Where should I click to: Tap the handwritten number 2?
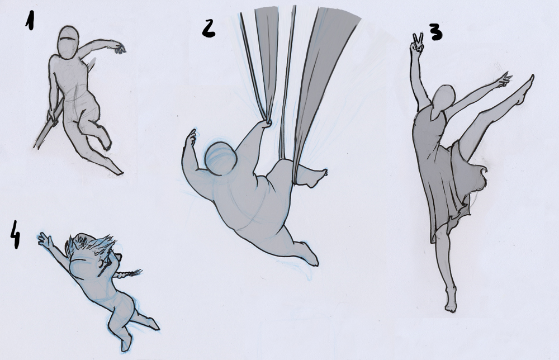(208, 28)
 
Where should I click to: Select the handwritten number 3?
(435, 32)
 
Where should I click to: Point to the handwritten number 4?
(15, 234)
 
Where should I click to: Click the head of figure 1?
(68, 42)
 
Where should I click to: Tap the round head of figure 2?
(221, 159)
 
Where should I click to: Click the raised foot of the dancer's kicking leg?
(527, 87)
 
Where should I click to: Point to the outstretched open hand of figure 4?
(45, 240)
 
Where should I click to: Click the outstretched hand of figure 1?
(119, 48)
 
